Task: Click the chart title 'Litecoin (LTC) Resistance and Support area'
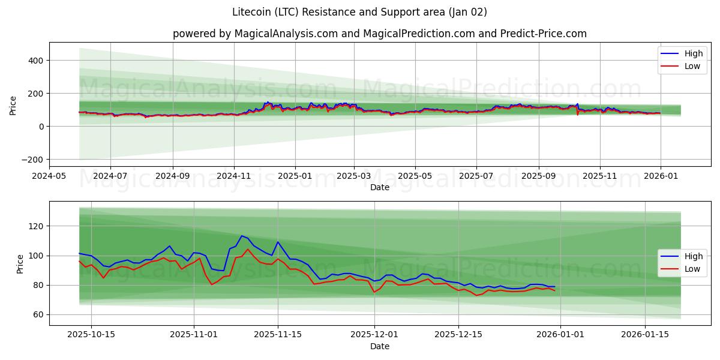(359, 12)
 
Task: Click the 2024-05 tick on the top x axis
(49, 176)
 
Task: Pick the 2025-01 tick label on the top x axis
(295, 176)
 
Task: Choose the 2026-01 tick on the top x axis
(661, 176)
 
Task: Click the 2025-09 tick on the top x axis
(538, 176)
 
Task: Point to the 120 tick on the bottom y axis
(37, 226)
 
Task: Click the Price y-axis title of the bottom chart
(20, 263)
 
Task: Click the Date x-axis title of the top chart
(379, 187)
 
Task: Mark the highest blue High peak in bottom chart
(241, 236)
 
